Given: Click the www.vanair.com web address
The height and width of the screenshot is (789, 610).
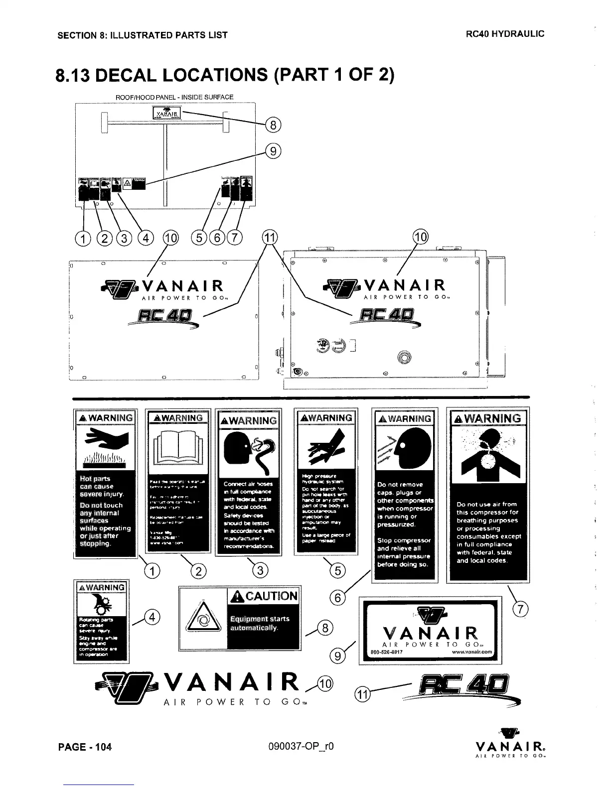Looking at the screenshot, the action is (472, 652).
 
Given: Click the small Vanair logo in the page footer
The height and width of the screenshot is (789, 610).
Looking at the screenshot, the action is (511, 747).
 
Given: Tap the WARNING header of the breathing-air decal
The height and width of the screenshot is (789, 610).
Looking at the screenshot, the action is (489, 418).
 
